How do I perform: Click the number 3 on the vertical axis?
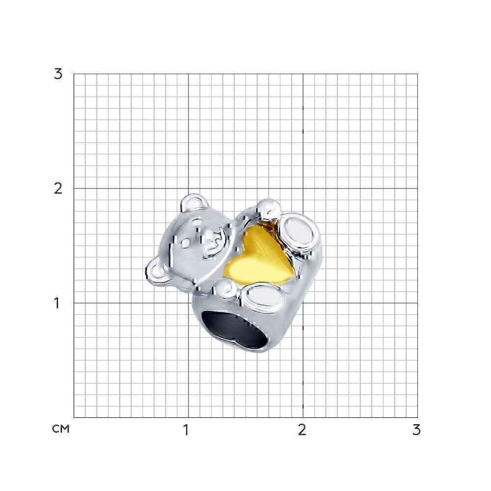pos(58,74)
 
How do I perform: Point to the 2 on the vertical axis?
pos(58,189)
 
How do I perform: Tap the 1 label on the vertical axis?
pos(56,303)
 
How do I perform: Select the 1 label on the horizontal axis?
pos(186,430)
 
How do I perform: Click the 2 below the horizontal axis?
pos(302,430)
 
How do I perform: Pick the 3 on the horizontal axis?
pos(416,430)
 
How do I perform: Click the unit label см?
pos(60,429)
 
